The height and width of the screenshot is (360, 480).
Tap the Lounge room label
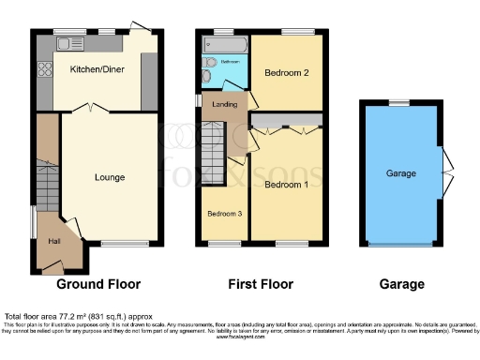[111, 176]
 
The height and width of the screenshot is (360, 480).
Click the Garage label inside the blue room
[401, 174]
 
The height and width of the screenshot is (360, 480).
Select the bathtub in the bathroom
[224, 45]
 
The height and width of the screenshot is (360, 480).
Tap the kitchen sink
[70, 43]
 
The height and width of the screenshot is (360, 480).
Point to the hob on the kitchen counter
[43, 68]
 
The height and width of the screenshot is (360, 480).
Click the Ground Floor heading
[99, 284]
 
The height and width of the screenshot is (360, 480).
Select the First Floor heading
[261, 284]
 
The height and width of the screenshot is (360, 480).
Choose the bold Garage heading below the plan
[400, 284]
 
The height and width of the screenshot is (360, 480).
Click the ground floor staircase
[47, 173]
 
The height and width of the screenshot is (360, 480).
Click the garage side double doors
[446, 172]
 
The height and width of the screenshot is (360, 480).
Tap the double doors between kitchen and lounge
[89, 111]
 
